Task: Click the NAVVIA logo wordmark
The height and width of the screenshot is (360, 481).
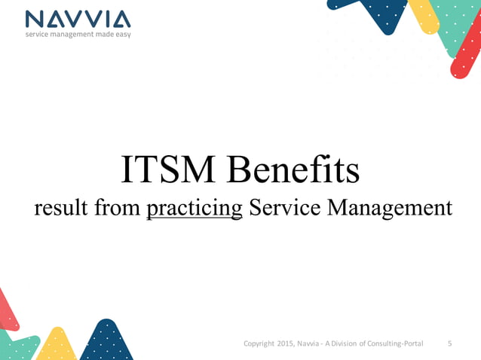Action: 78,19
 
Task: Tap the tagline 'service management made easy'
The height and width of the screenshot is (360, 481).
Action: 78,35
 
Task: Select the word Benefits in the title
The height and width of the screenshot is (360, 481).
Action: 295,170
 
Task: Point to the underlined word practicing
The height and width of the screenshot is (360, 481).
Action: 195,208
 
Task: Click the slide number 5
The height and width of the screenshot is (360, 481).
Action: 450,343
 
